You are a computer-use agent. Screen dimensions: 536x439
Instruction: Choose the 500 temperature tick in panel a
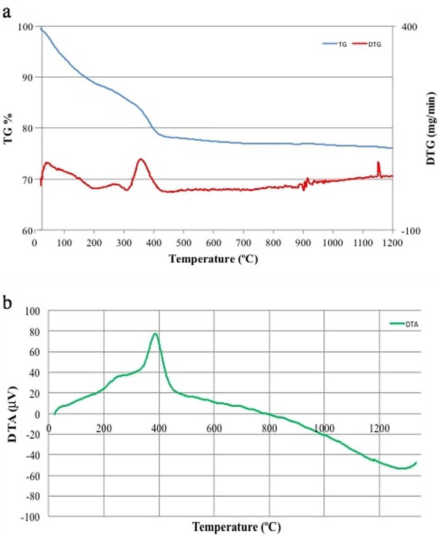pyautogui.click(x=183, y=243)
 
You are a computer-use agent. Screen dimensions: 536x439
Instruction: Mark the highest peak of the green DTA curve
pyautogui.click(x=155, y=333)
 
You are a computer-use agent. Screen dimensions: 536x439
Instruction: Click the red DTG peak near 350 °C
pyautogui.click(x=141, y=159)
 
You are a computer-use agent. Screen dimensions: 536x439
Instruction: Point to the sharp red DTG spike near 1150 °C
pyautogui.click(x=378, y=162)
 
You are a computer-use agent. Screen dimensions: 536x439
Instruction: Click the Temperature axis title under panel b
pyautogui.click(x=237, y=526)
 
